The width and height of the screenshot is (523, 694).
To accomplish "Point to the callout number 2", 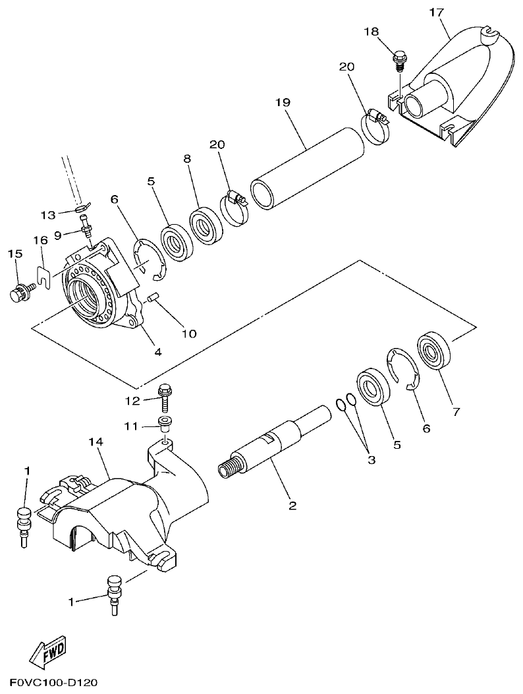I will tap(292, 506).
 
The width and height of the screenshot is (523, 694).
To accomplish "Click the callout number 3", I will tap(371, 460).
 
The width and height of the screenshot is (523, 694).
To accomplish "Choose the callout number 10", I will tap(189, 333).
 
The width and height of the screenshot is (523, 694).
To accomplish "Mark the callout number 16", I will tap(41, 241).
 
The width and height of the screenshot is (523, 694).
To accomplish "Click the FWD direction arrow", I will tap(48, 652).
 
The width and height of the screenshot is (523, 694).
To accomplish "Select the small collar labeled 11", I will tap(163, 422).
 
